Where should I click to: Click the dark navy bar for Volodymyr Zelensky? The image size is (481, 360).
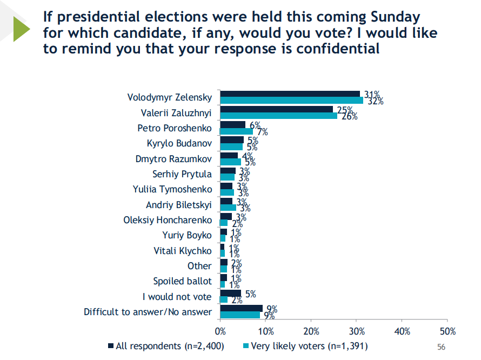pos(290,94)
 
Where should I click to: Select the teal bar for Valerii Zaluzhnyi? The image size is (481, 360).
pos(279,116)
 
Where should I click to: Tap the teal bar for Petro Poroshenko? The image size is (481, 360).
pos(237,131)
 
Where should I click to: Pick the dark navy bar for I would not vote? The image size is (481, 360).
pos(231,294)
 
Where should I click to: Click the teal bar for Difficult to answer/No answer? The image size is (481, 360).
pos(241,315)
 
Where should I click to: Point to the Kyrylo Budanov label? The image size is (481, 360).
pos(179,144)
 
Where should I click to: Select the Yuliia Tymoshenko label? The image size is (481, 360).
pos(172,189)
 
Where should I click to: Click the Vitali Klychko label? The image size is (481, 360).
pos(183,250)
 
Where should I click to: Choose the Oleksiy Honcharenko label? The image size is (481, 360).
pos(168,220)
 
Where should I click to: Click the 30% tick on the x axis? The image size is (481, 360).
pos(357,331)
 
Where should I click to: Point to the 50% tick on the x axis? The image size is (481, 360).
pos(448,331)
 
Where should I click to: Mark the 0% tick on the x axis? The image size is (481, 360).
pos(221,331)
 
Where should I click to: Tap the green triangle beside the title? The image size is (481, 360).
pos(22,29)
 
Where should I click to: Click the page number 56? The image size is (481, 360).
pos(440,346)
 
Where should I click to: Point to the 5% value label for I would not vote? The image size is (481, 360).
pos(250,294)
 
